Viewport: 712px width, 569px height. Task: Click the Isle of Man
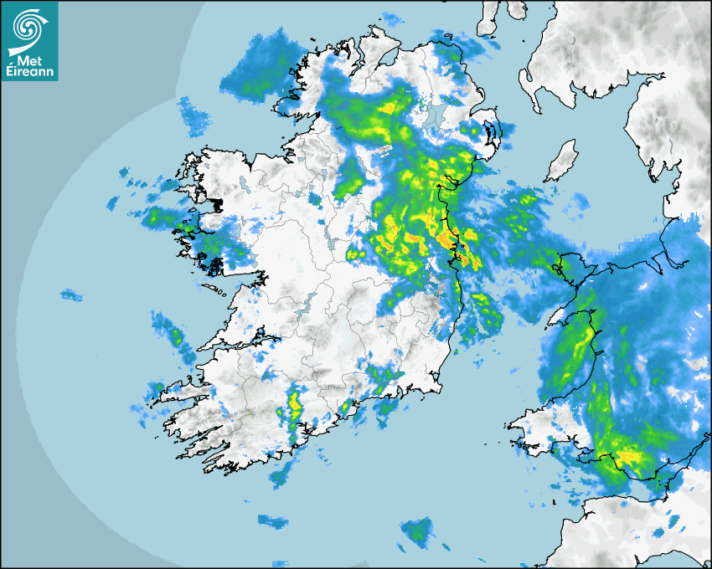coord(561,160)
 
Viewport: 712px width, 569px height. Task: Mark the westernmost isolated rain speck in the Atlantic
coord(71,295)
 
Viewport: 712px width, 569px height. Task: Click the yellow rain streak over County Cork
coord(294,402)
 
